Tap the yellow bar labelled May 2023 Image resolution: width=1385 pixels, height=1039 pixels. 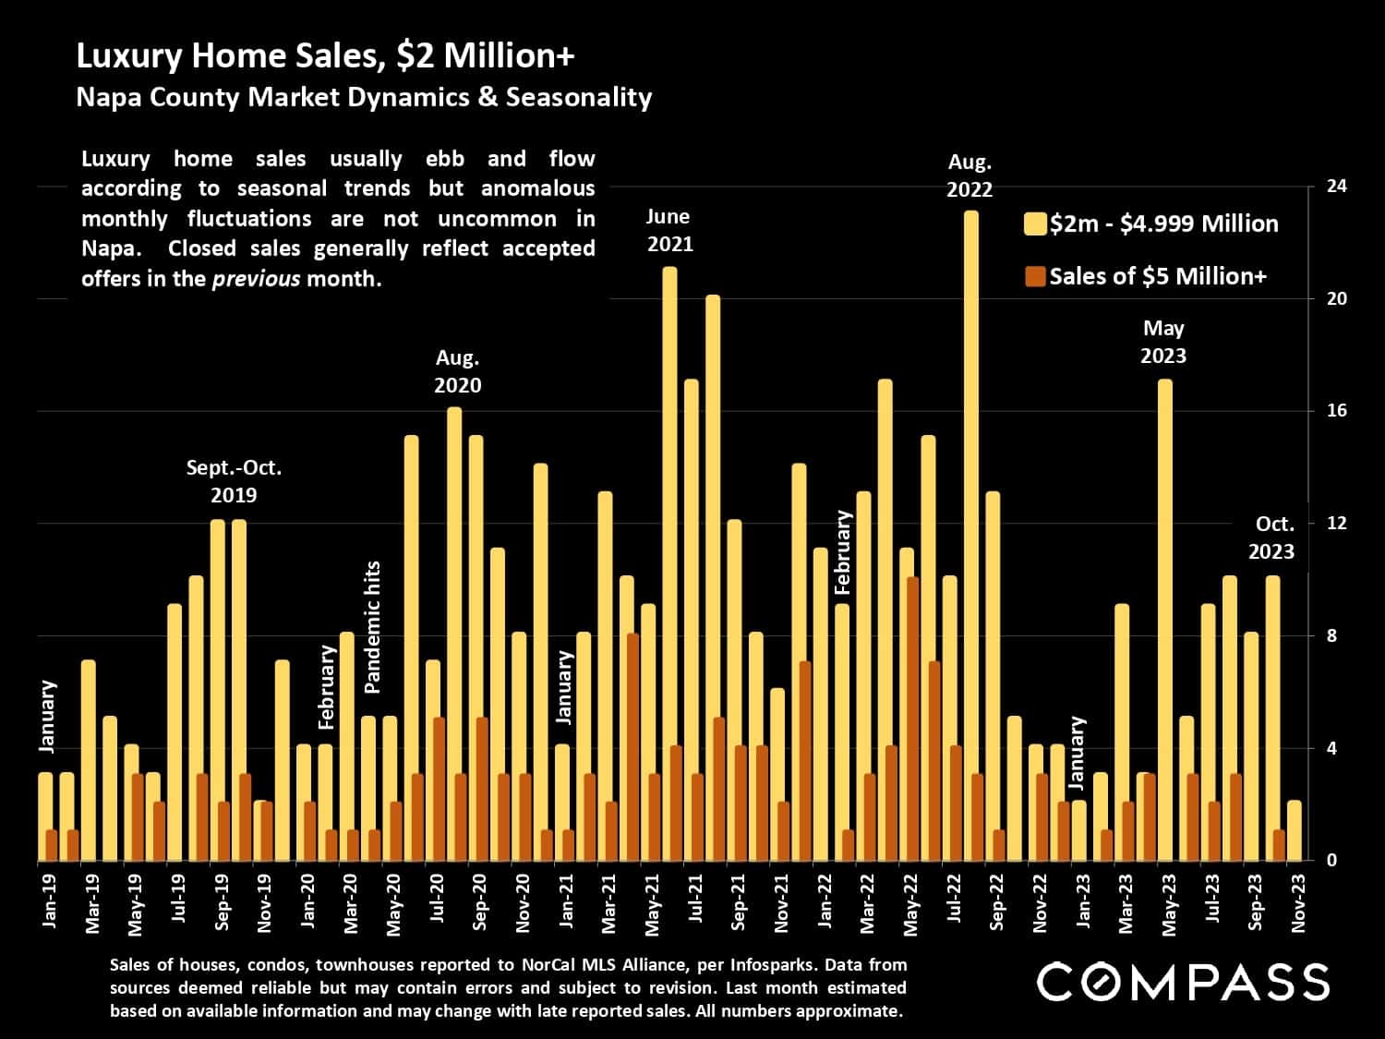pos(1164,619)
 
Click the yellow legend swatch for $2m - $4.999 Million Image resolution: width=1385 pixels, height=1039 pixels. pos(1035,224)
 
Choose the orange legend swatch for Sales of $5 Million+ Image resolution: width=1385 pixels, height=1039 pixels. pos(1035,276)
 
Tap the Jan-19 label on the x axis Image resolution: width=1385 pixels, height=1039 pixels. pos(50,901)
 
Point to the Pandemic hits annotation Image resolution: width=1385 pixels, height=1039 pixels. pos(372,627)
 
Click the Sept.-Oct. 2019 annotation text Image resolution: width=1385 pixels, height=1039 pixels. pos(234,481)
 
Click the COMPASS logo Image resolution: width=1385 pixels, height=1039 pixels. pos(1183,982)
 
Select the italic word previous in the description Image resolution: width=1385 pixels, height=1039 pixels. pos(256,279)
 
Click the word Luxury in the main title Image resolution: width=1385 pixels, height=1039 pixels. pos(129,56)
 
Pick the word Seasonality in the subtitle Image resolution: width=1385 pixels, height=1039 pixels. pos(578,97)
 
